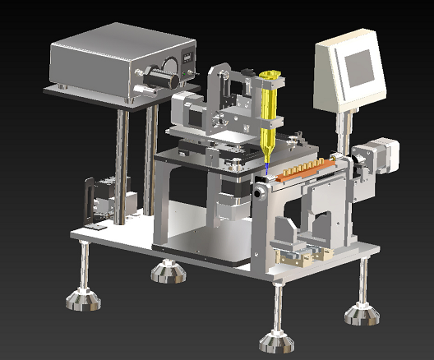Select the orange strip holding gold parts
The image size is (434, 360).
tap(304, 170)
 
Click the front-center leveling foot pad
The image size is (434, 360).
tap(276, 339)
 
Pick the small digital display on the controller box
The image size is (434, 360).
tap(188, 59)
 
